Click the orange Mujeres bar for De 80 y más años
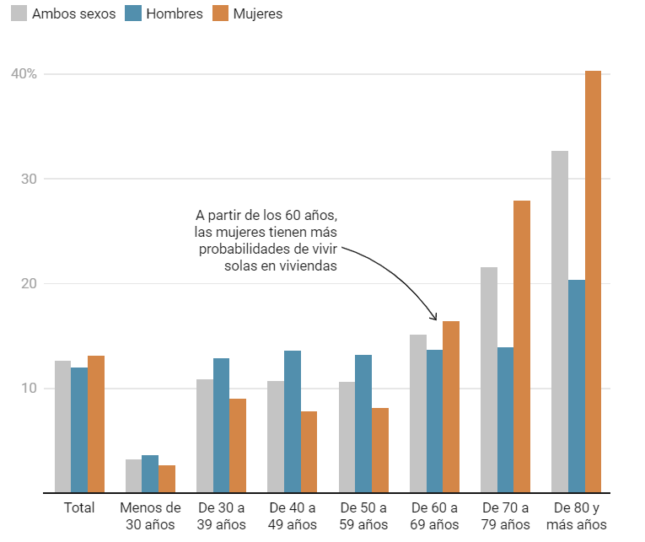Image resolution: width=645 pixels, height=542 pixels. click(593, 282)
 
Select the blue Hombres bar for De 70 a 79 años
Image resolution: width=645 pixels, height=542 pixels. click(505, 420)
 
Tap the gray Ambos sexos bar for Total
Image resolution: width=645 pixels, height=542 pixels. click(62, 427)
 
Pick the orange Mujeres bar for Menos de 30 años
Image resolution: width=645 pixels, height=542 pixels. click(167, 479)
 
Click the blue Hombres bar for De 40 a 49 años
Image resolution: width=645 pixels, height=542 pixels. click(293, 421)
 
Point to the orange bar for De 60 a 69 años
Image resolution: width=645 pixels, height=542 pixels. click(451, 406)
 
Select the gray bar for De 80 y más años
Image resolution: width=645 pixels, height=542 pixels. click(560, 321)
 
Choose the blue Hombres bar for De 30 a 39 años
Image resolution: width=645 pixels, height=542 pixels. click(221, 425)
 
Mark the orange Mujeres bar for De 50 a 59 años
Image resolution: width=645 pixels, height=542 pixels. click(380, 450)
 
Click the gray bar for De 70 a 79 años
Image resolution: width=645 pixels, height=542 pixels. click(489, 379)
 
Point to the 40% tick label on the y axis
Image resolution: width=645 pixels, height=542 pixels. click(24, 74)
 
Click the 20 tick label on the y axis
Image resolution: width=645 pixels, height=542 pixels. click(30, 284)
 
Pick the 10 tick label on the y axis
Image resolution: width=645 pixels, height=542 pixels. click(30, 389)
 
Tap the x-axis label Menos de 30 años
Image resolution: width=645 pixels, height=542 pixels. click(150, 516)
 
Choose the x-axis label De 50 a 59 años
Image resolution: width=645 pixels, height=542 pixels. click(363, 516)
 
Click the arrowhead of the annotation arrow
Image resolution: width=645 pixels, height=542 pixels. click(435, 318)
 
